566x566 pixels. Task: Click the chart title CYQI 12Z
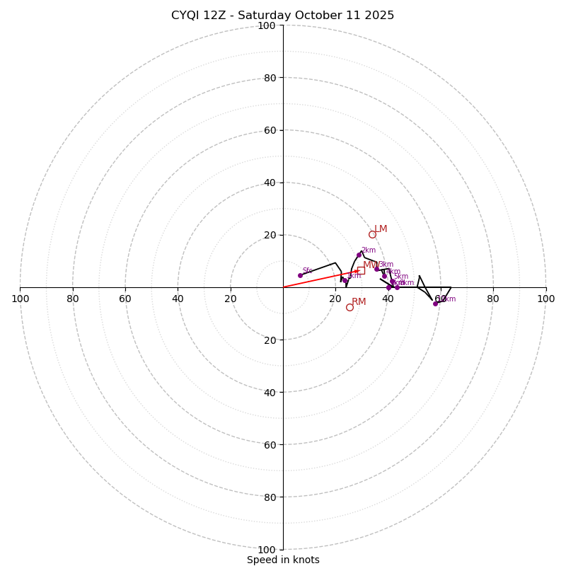(282, 16)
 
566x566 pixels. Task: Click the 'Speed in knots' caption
(283, 560)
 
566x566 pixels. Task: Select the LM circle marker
(372, 234)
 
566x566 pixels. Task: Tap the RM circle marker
(350, 307)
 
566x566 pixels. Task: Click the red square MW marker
(361, 270)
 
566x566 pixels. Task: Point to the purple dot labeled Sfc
(300, 275)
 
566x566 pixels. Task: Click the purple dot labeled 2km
(359, 255)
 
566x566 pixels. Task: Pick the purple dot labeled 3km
(376, 269)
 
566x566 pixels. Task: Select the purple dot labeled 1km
(345, 281)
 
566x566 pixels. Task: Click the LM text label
(381, 229)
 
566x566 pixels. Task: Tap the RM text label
(359, 302)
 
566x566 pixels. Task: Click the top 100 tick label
(267, 25)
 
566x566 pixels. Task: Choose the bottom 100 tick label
(267, 550)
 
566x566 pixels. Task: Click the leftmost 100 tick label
(21, 299)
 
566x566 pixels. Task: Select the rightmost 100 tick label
(545, 299)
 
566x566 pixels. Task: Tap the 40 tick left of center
(178, 299)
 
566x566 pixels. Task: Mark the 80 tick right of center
(492, 299)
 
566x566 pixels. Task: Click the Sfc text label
(307, 271)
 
